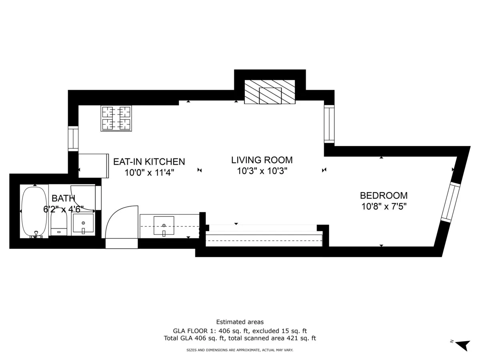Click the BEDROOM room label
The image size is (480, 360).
(x=384, y=196)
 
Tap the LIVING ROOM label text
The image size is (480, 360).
(x=262, y=160)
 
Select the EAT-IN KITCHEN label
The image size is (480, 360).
(x=149, y=162)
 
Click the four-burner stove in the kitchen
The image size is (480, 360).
(x=116, y=118)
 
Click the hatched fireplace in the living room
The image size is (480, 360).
(x=270, y=92)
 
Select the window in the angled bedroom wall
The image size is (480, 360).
(x=450, y=202)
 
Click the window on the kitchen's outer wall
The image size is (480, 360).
(x=73, y=139)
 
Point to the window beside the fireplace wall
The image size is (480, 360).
(x=329, y=124)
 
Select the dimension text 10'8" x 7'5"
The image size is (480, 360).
(x=384, y=207)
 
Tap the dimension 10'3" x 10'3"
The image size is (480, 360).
(x=262, y=171)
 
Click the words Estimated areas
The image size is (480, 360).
(x=240, y=322)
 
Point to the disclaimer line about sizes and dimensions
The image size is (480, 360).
(x=240, y=350)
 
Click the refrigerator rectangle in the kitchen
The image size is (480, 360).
(x=94, y=166)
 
